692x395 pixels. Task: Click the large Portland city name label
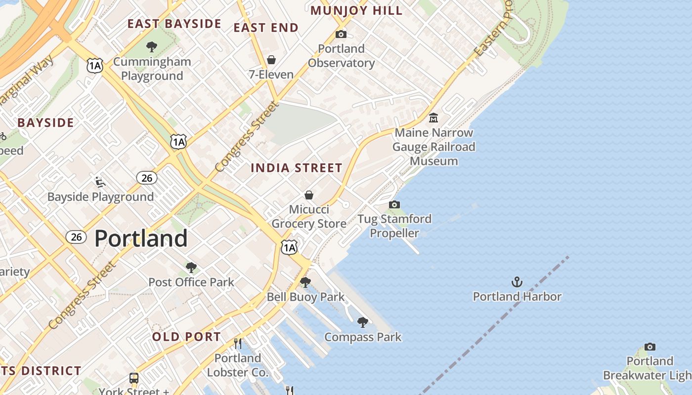(141, 238)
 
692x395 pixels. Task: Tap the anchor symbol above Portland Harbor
(517, 282)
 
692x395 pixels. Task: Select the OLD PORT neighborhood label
(186, 337)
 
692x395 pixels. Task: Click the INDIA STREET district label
(296, 168)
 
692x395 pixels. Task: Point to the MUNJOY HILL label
(356, 11)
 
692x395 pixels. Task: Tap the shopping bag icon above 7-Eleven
(271, 60)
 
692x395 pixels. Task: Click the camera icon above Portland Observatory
(341, 34)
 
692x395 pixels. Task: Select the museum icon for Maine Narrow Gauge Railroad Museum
(433, 118)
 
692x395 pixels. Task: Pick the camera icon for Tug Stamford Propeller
(394, 204)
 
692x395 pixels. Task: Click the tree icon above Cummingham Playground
(152, 47)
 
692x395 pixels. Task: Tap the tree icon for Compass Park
(362, 322)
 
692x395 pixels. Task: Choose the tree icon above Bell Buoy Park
(305, 282)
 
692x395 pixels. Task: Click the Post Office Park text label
(191, 282)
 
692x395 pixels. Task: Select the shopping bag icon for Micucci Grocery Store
(309, 195)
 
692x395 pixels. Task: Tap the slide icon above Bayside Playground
(100, 182)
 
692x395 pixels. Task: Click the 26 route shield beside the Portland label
(76, 237)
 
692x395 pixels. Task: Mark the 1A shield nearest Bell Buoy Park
(289, 247)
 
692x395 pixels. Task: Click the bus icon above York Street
(134, 378)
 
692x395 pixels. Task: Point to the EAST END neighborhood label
(266, 28)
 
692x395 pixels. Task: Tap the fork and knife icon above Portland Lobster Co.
(238, 343)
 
